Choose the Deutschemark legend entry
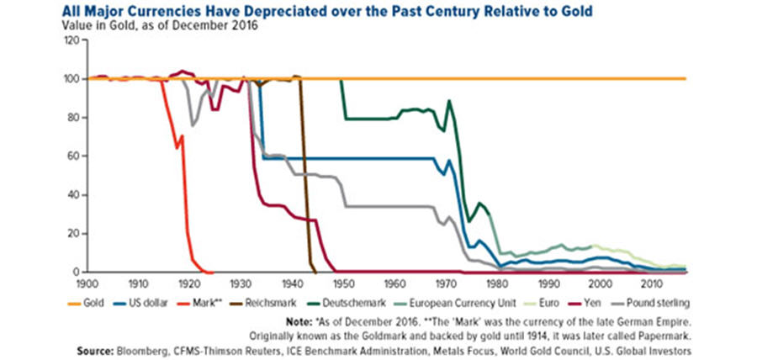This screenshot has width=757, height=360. click(x=356, y=301)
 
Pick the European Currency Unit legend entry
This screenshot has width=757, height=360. click(x=455, y=301)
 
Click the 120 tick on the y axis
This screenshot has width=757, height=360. click(x=71, y=40)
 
